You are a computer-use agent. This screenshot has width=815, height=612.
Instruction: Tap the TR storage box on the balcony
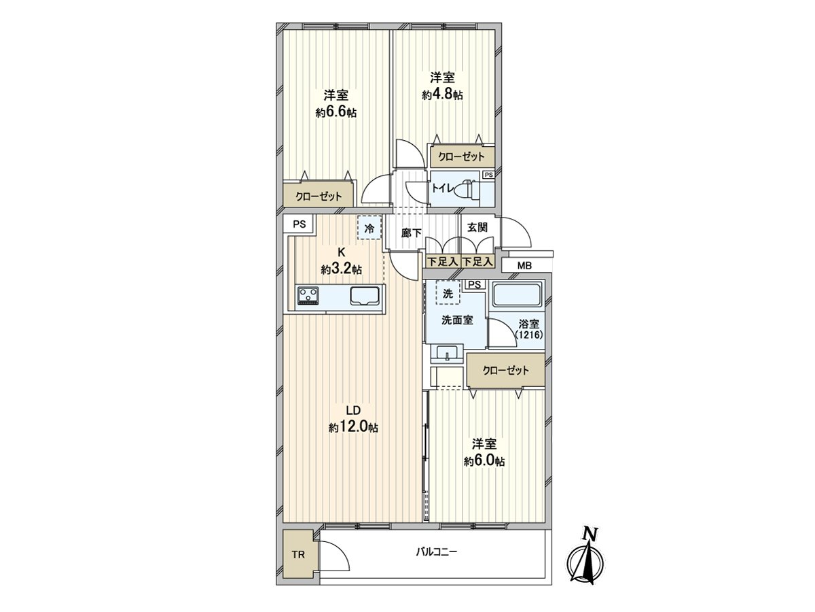299,554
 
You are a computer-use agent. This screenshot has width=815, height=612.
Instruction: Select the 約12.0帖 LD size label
353,428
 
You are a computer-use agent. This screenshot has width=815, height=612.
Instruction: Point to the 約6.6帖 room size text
336,113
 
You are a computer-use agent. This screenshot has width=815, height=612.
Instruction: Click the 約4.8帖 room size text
442,96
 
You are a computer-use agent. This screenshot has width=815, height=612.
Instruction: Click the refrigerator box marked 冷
369,228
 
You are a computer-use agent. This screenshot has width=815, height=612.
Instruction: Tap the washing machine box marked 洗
448,293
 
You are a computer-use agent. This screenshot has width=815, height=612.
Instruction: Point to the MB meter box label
524,265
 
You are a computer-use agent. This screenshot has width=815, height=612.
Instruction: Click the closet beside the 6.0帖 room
505,371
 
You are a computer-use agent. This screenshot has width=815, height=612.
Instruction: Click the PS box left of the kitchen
300,224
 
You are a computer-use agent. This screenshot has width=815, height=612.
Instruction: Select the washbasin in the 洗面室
447,354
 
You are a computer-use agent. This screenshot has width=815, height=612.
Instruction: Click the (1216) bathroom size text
529,335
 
